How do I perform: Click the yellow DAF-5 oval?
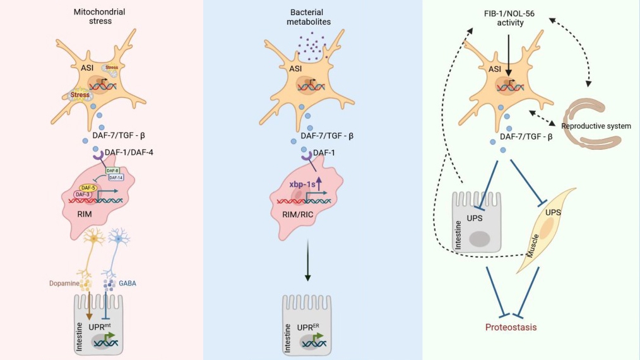(88, 188)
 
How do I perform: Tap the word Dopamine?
(64, 284)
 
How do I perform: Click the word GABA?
(126, 284)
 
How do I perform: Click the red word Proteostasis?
(511, 327)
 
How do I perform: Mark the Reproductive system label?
(596, 126)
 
